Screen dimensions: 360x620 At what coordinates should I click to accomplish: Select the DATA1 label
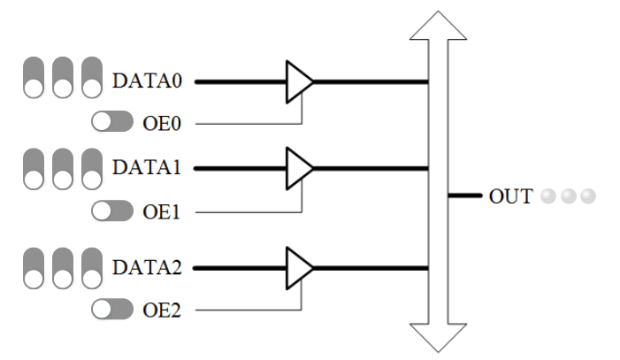[x=147, y=167]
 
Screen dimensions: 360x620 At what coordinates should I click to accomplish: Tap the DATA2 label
[x=147, y=267]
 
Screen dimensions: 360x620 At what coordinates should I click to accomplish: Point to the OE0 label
[x=161, y=123]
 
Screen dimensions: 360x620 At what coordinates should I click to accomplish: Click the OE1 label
[x=161, y=211]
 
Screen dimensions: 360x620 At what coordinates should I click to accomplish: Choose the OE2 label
[x=161, y=310]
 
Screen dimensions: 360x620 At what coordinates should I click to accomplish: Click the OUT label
[x=511, y=195]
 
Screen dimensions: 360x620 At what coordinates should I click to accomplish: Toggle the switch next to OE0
[x=112, y=122]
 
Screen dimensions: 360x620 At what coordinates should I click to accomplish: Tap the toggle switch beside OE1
[x=112, y=211]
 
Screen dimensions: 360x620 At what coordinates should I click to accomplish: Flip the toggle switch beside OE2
[x=112, y=309]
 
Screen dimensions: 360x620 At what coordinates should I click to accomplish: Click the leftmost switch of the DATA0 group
[x=34, y=78]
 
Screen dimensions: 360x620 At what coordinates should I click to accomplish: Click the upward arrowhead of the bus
[x=438, y=27]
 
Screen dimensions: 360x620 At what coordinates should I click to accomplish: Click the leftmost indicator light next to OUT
[x=548, y=195]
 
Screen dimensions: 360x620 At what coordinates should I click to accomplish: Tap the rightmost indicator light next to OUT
[x=587, y=195]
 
